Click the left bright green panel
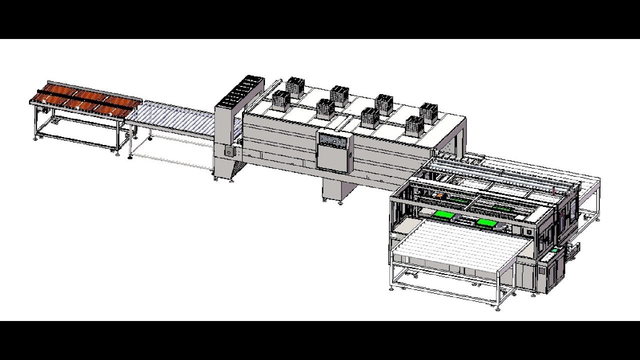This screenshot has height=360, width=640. [x=443, y=215]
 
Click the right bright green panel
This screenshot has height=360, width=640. [x=486, y=222]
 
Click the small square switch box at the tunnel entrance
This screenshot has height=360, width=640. [x=229, y=150]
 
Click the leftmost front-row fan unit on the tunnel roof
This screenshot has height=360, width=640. [x=281, y=100]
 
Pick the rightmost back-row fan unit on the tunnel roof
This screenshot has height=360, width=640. [x=428, y=113]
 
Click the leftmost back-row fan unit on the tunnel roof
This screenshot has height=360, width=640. [x=295, y=87]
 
